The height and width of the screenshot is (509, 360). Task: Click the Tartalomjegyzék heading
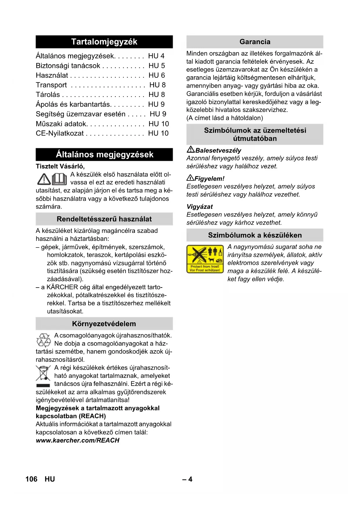(x=104, y=42)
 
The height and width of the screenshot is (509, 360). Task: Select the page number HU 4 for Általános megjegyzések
(x=156, y=56)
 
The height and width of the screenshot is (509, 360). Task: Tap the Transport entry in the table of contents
(x=51, y=85)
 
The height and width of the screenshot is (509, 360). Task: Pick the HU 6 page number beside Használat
(x=157, y=75)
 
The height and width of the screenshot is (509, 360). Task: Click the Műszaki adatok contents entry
(x=61, y=124)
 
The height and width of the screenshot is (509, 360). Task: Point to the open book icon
(x=59, y=179)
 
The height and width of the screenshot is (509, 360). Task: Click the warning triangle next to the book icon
(x=44, y=179)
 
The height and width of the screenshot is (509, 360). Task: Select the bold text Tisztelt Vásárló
(x=60, y=166)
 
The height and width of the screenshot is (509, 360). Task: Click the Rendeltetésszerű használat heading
(x=104, y=219)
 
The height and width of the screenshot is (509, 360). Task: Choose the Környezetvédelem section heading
(x=104, y=324)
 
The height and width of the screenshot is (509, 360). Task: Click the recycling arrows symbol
(x=44, y=340)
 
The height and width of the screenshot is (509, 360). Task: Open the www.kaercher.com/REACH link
(x=77, y=440)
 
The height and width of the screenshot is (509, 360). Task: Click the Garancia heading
(x=255, y=42)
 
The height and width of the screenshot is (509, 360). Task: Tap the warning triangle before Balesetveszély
(x=191, y=150)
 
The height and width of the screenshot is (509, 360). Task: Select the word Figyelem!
(x=209, y=178)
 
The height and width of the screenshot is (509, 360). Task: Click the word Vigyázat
(x=200, y=207)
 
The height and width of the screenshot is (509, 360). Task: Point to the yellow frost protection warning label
(x=205, y=259)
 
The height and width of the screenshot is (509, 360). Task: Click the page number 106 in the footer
(x=31, y=479)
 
